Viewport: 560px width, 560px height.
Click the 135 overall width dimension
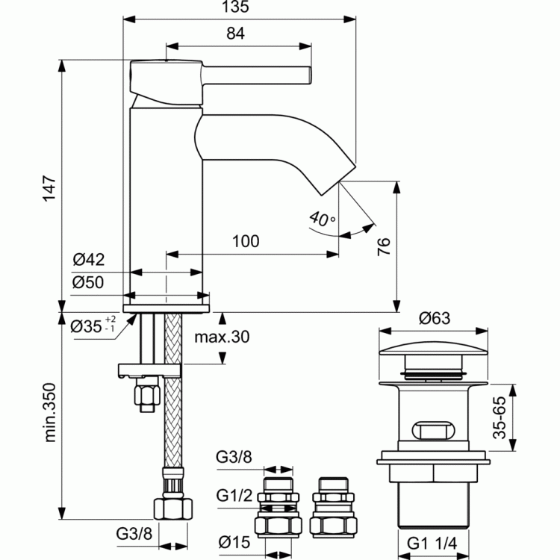click(235, 7)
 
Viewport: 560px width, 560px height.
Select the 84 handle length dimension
click(235, 33)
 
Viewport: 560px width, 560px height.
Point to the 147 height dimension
click(49, 188)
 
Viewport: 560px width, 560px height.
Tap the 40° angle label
click(322, 219)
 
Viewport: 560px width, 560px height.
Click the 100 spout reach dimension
click(246, 241)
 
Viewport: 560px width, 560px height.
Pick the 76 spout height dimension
click(384, 246)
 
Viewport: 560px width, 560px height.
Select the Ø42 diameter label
click(89, 260)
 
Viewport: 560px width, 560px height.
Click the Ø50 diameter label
click(88, 282)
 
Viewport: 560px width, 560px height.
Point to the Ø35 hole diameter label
click(93, 325)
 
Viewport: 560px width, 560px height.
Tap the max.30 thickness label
click(222, 337)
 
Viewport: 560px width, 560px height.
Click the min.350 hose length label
click(49, 412)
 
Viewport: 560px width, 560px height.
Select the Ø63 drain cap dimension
click(435, 318)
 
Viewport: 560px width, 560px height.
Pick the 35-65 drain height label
click(500, 417)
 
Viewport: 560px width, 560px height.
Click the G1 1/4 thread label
click(432, 544)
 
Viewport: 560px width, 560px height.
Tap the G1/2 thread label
click(234, 495)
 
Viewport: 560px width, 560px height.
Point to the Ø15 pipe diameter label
click(234, 542)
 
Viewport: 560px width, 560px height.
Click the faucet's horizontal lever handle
click(257, 75)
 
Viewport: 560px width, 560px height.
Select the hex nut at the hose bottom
click(173, 509)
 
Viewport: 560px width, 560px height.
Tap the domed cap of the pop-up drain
click(433, 348)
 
